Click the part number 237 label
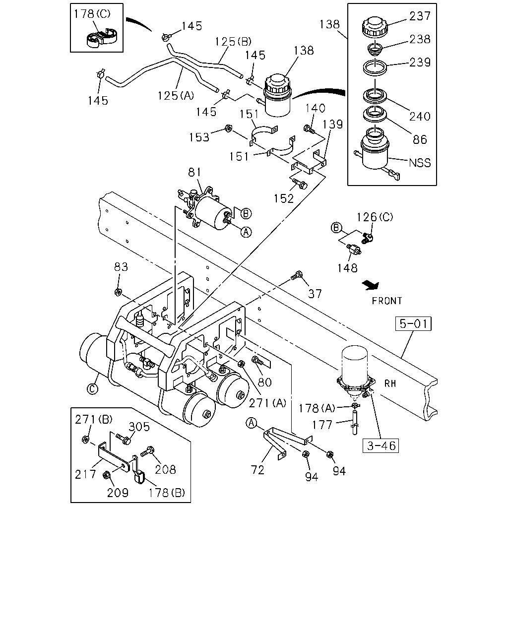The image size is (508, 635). [419, 16]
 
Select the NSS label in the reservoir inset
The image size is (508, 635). [420, 163]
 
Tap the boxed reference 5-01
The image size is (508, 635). [413, 323]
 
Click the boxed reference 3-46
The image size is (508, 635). [381, 445]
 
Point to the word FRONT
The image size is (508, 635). [386, 301]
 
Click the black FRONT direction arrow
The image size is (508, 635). [371, 285]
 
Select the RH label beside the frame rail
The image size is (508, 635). [390, 383]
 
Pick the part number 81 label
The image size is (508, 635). [194, 172]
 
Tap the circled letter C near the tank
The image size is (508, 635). [92, 389]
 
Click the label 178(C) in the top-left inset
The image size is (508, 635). [92, 14]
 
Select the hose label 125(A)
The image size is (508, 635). [176, 96]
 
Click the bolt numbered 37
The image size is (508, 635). [296, 275]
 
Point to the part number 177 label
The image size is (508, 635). [322, 425]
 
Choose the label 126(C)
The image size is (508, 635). [375, 217]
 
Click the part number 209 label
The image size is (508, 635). [118, 493]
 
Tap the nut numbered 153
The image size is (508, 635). [228, 128]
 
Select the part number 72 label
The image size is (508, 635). [257, 470]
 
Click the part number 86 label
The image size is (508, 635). [420, 139]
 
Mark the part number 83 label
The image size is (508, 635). [121, 267]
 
